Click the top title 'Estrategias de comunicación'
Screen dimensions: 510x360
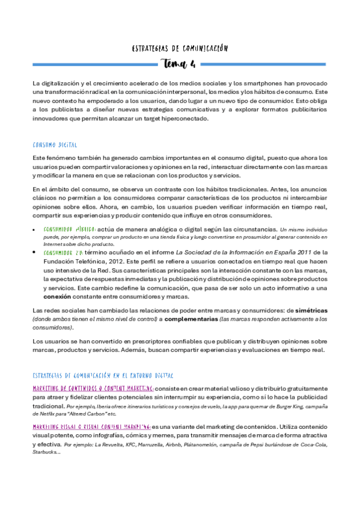click(180, 48)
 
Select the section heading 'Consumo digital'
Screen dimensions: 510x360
click(60, 144)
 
